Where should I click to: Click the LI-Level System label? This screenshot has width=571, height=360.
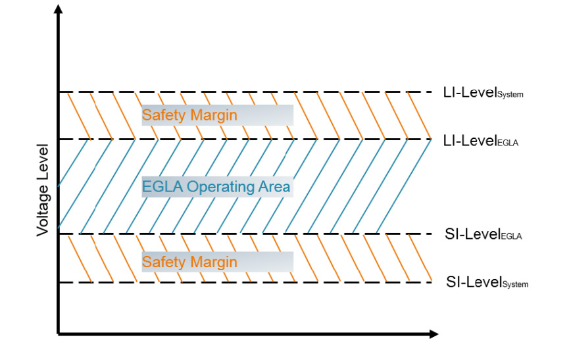click(x=484, y=93)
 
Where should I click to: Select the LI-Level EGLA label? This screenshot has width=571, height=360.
click(x=481, y=141)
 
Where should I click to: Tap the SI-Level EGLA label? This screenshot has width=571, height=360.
click(x=484, y=234)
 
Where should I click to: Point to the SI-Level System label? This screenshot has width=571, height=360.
click(x=487, y=282)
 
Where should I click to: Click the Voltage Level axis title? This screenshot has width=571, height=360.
click(x=43, y=190)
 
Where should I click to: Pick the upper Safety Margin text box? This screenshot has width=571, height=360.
click(x=217, y=115)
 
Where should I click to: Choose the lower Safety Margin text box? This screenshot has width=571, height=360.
click(x=217, y=262)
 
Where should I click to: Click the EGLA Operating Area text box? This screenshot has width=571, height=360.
click(x=217, y=187)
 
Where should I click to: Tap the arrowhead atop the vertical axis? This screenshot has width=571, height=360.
click(x=59, y=9)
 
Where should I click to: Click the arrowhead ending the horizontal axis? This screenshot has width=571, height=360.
click(x=434, y=334)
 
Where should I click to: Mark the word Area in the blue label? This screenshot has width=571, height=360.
click(x=274, y=186)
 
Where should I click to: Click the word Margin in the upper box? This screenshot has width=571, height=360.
click(x=214, y=116)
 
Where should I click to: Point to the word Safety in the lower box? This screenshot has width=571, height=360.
click(x=164, y=262)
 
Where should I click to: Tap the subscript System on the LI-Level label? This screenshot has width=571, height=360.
click(x=510, y=95)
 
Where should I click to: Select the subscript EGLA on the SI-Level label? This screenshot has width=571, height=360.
click(x=512, y=236)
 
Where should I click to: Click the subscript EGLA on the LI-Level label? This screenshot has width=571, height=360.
click(x=508, y=143)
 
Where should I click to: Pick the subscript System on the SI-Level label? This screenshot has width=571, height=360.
click(x=516, y=284)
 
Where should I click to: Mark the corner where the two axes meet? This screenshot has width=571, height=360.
click(x=59, y=334)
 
